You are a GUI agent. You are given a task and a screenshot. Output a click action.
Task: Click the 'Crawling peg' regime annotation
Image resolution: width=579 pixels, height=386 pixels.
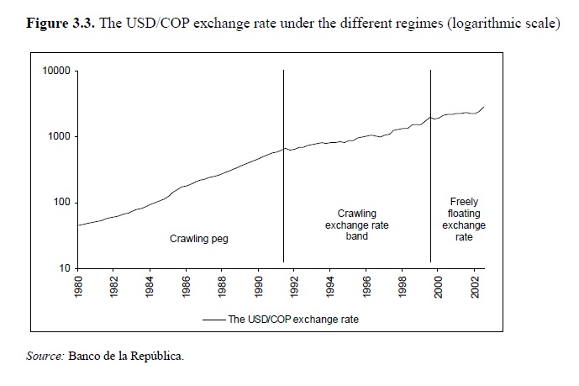[199, 239]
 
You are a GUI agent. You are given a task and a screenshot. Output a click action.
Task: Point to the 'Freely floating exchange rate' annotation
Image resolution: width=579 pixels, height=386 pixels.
[464, 219]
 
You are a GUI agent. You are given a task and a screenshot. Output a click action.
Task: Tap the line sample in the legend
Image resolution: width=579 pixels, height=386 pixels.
[213, 320]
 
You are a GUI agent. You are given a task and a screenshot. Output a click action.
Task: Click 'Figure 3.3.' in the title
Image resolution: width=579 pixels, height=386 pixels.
[62, 22]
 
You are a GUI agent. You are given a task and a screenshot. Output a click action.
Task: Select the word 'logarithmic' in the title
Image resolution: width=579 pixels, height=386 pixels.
[465, 22]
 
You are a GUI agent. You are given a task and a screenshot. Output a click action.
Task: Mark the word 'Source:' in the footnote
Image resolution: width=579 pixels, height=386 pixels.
[45, 357]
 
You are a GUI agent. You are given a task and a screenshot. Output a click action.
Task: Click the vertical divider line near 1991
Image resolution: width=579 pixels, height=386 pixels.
[284, 168]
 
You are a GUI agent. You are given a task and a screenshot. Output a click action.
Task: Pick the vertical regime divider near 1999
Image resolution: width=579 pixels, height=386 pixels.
[431, 168]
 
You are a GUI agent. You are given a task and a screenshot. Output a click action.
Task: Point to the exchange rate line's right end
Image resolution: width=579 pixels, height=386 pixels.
[484, 107]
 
